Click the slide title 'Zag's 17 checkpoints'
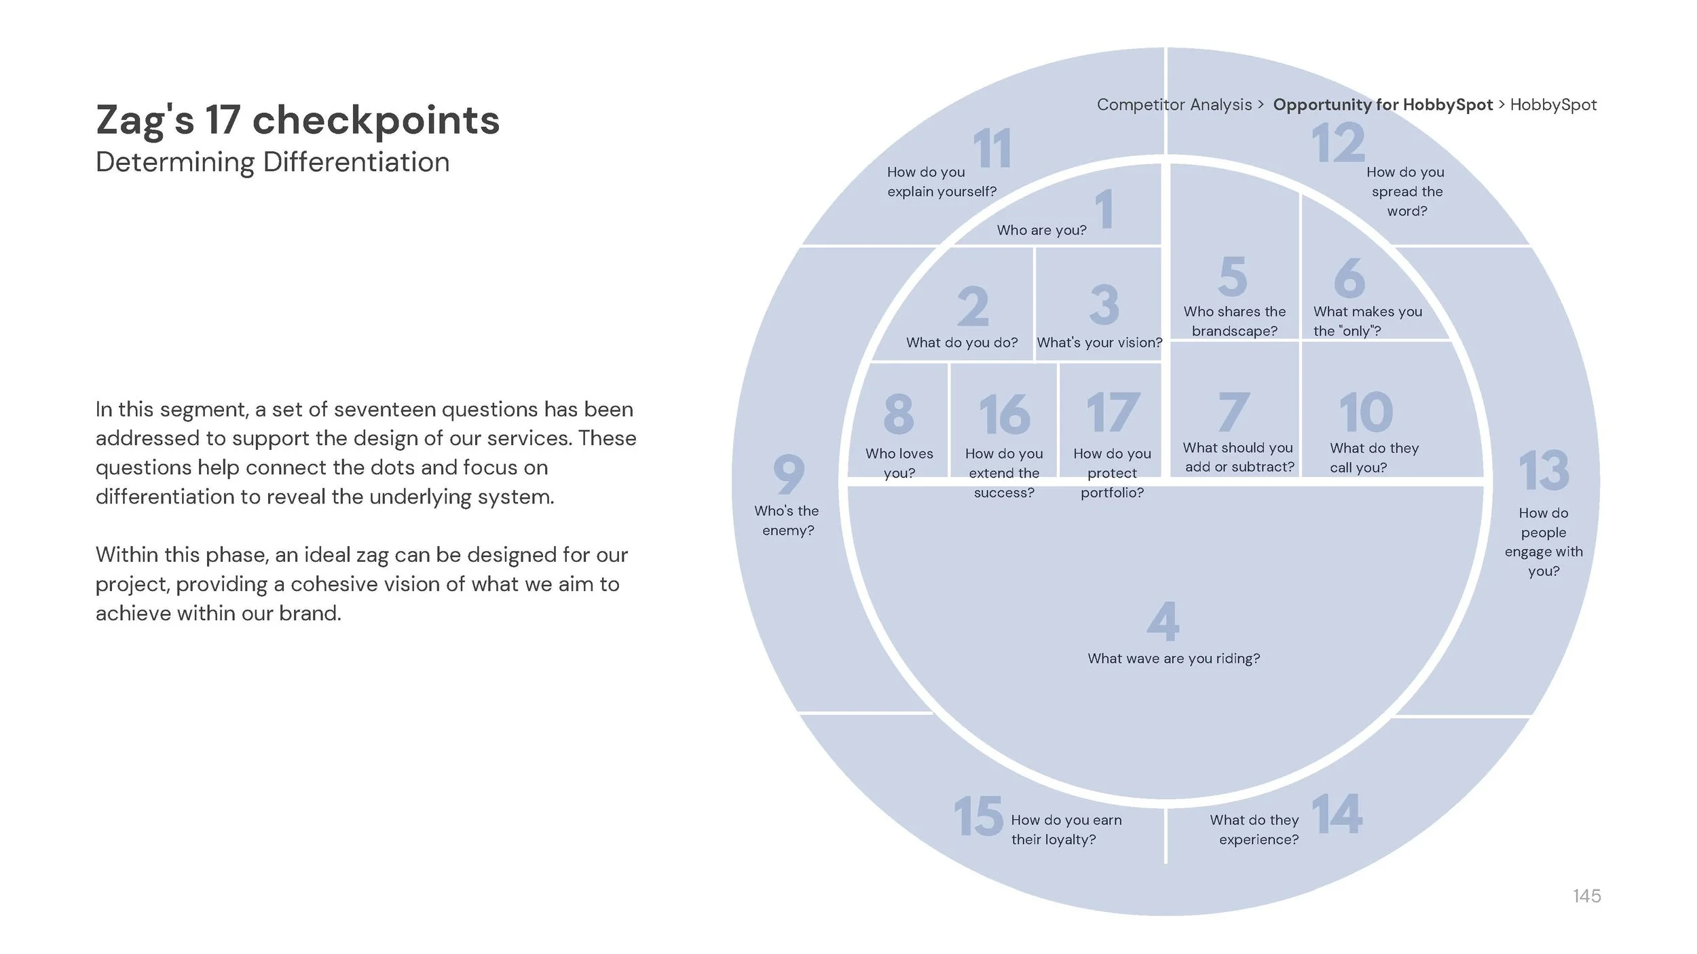(297, 120)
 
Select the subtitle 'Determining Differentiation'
(272, 162)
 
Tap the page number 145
(1586, 896)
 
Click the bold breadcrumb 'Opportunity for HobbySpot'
(1382, 104)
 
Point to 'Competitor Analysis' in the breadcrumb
(1174, 104)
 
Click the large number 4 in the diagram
(1163, 621)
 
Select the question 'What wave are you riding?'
(1174, 658)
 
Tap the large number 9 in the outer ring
(788, 474)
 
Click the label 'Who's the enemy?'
(787, 520)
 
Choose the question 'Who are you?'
(1041, 230)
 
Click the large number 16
(1004, 414)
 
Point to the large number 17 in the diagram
(1113, 413)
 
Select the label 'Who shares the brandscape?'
(1234, 321)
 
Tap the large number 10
(1366, 412)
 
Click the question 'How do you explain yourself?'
(941, 182)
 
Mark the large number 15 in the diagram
(977, 816)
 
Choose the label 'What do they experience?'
(1255, 829)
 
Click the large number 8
(898, 414)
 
